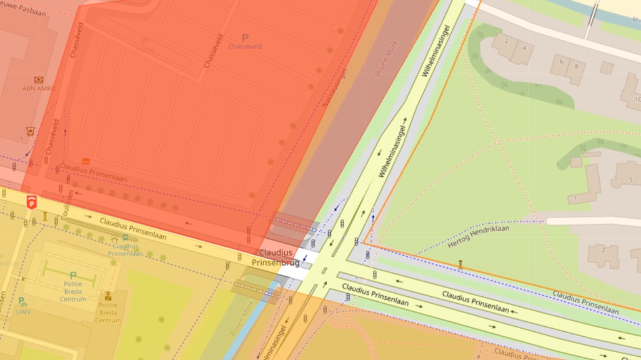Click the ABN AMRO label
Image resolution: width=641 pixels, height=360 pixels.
[x=38, y=89]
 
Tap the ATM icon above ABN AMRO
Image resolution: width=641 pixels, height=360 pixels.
[x=39, y=79]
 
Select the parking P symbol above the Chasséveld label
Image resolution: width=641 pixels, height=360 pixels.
[x=245, y=38]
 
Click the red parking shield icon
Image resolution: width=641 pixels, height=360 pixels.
[x=31, y=201]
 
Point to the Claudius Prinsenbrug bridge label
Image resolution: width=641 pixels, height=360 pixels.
[x=276, y=257]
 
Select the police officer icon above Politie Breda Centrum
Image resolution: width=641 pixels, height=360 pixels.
[x=108, y=296]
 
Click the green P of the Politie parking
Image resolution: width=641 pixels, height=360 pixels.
[x=72, y=275]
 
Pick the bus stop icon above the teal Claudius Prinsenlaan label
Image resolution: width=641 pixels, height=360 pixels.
[x=115, y=239]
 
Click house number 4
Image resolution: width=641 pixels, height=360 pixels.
[x=524, y=47]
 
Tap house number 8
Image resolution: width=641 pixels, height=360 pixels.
[x=575, y=66]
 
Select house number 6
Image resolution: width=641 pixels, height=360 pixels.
[x=562, y=61]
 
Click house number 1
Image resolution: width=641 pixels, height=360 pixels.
[x=574, y=199]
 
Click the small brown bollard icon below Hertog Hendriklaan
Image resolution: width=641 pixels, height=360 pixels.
[x=461, y=264]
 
